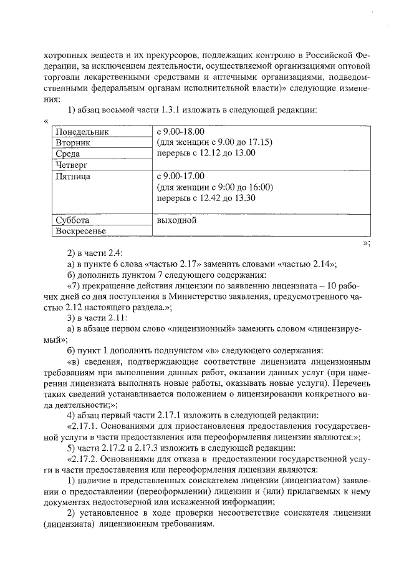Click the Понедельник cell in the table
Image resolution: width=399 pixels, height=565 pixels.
pos(82,132)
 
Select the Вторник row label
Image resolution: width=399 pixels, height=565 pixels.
pos(73,142)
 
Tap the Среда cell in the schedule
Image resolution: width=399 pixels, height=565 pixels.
pos(67,153)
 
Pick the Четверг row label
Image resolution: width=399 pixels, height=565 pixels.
pos(71,165)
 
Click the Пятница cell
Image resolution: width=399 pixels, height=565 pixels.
pos(72,177)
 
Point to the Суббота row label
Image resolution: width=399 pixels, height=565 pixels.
pos(72,220)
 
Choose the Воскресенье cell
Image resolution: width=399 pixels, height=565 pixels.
pos(80,232)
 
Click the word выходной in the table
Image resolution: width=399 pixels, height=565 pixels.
pos(177,220)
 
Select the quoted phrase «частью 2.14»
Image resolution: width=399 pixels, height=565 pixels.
pos(304,264)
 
